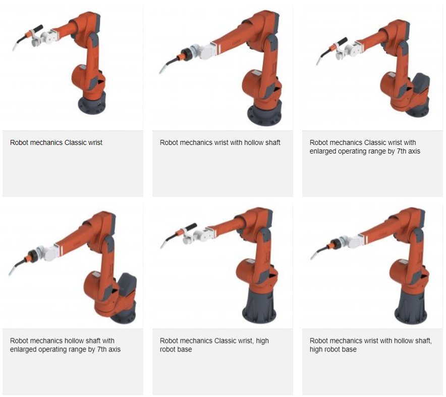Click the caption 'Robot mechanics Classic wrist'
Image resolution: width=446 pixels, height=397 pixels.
[56, 142]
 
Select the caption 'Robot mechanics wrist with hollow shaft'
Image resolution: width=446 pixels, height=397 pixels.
[220, 142]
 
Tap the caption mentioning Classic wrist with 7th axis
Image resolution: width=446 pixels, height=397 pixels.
[365, 146]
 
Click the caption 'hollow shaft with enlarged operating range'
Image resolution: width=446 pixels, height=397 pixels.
[65, 345]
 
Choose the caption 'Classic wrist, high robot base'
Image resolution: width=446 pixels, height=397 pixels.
[214, 345]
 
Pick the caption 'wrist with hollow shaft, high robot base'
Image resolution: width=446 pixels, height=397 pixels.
[371, 345]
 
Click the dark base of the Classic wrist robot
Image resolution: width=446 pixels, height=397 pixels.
[92, 104]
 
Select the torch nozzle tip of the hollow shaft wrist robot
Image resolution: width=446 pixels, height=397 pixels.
[160, 72]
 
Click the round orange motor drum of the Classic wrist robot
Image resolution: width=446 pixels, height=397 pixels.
[80, 77]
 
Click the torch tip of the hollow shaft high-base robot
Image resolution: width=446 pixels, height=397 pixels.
[311, 258]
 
